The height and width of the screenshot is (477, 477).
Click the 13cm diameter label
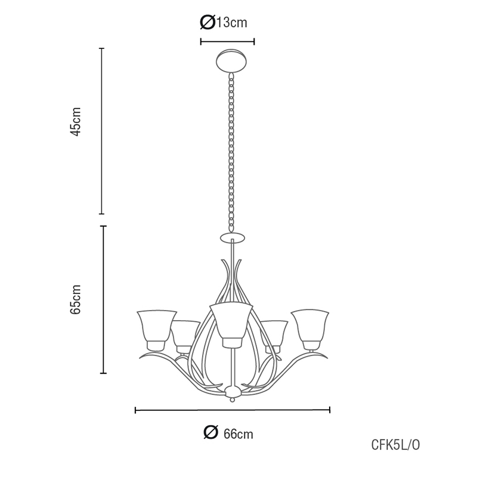(224, 22)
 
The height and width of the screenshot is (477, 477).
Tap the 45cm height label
(76, 122)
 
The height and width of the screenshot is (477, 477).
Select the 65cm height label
(76, 299)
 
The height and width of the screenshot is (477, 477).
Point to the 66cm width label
(228, 433)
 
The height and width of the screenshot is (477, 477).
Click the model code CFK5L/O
(395, 445)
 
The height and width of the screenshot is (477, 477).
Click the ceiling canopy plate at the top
(231, 61)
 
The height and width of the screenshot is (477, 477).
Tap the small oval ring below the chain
(233, 237)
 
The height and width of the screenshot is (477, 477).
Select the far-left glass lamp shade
(157, 330)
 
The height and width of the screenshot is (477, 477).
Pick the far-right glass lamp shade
(310, 330)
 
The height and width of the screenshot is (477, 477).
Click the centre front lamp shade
(232, 325)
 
